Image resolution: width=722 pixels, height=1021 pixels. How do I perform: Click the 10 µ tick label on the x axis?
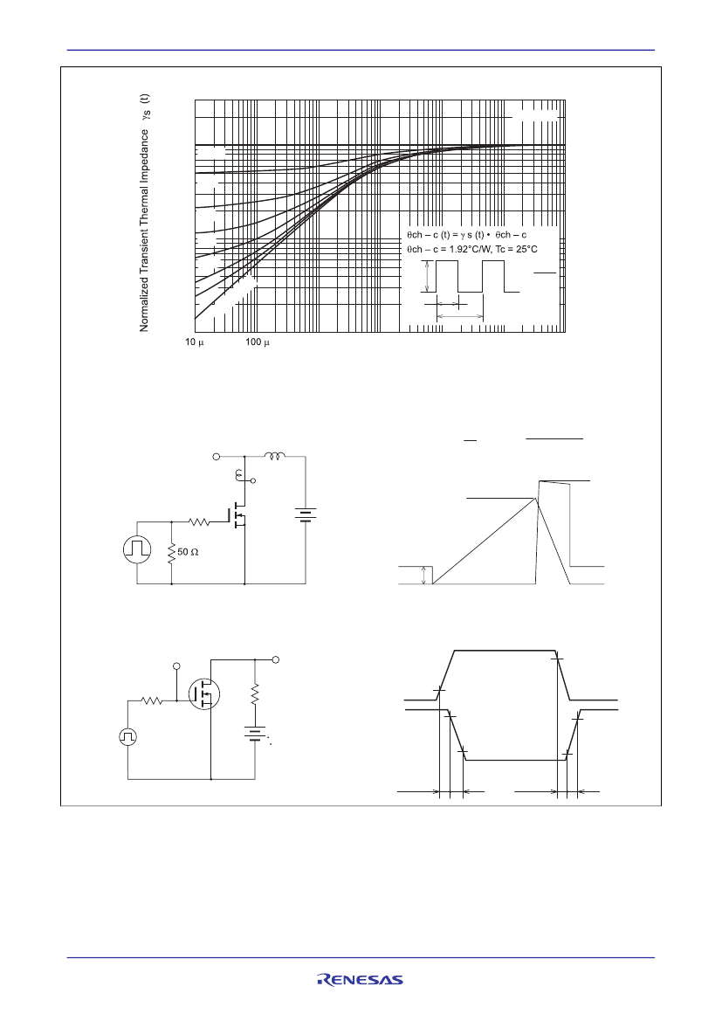[x=194, y=342]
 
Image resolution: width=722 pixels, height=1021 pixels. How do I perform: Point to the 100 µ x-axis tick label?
[x=258, y=342]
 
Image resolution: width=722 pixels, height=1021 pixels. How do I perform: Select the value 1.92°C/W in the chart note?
[x=471, y=250]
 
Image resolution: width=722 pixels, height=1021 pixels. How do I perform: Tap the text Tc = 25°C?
[x=517, y=250]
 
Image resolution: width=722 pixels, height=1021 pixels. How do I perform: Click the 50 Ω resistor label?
[x=188, y=552]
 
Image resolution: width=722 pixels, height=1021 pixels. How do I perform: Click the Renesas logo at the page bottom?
[x=360, y=979]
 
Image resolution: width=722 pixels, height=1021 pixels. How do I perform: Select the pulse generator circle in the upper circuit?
[x=137, y=551]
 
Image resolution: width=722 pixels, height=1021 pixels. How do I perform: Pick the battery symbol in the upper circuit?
[x=306, y=515]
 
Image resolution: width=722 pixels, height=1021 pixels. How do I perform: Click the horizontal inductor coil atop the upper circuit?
[x=274, y=456]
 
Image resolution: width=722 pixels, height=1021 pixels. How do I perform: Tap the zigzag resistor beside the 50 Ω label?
[x=171, y=554]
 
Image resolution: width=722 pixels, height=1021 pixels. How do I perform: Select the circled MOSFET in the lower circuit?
[x=203, y=693]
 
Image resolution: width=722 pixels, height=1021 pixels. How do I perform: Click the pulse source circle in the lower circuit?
[x=127, y=736]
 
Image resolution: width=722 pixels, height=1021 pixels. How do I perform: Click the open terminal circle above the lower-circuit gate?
[x=176, y=666]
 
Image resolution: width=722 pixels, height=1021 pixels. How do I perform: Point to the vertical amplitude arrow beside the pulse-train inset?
[x=427, y=276]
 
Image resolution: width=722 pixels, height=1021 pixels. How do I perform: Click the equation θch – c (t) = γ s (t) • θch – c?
[x=466, y=234]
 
